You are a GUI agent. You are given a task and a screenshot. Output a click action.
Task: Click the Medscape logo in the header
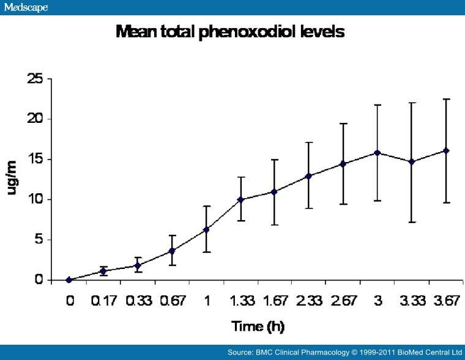coord(25,7)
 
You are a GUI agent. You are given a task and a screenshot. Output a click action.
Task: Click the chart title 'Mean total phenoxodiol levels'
coord(230,32)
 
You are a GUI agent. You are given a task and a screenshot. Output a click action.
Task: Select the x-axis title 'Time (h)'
coord(258,326)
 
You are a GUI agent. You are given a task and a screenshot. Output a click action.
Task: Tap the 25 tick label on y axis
coord(34,79)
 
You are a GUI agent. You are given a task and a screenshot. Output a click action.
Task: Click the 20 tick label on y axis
coord(34,119)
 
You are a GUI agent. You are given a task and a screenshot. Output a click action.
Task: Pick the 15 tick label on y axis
coord(34,160)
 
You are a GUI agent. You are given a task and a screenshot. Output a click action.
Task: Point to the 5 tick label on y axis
coord(38,240)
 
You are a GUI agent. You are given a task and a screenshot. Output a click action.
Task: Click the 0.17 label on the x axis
coord(103,301)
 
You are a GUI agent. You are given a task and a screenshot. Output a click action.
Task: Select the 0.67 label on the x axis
coord(172,301)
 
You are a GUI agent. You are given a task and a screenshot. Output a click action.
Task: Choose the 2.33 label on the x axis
coord(309,301)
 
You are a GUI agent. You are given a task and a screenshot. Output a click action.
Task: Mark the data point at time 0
coord(69,280)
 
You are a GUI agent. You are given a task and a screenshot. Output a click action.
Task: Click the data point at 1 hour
coord(206,229)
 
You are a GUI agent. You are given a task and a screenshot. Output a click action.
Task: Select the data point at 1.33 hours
coord(240,200)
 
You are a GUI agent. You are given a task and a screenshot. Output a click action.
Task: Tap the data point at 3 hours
coord(378,152)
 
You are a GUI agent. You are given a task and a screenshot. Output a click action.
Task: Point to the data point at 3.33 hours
coord(412,161)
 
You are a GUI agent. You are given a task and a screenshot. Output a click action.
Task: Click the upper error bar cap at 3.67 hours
coord(446,99)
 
